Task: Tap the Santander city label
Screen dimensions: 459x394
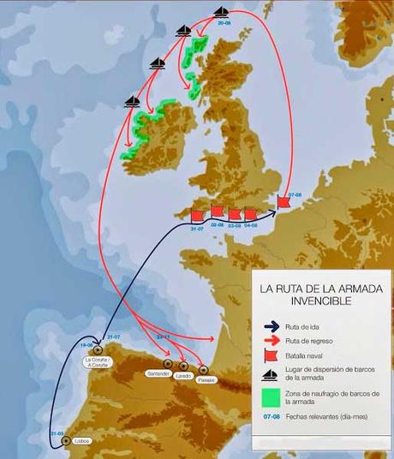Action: tap(158, 374)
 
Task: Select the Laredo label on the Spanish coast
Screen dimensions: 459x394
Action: tap(182, 375)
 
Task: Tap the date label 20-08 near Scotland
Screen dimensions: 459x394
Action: tap(224, 25)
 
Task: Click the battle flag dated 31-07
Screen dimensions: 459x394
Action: tap(196, 215)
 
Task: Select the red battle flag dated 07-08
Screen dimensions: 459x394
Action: tap(284, 203)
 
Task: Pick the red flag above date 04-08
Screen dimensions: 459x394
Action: tap(251, 214)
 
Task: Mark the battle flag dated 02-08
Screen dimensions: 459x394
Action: tap(218, 212)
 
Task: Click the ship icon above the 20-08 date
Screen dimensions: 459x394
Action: tap(222, 12)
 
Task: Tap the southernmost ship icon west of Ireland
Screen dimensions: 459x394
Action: tap(132, 101)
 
